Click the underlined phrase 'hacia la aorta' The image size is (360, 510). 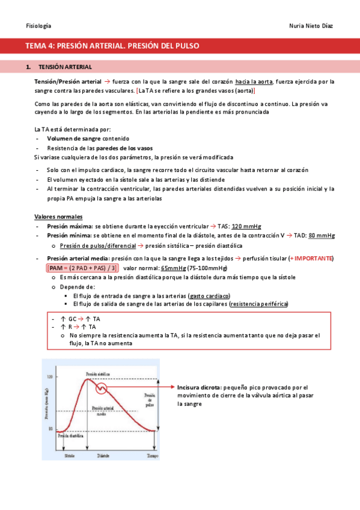pyautogui.click(x=255, y=82)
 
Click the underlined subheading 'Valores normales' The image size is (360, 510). pyautogui.click(x=58, y=217)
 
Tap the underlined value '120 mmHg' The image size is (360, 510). pyautogui.click(x=246, y=226)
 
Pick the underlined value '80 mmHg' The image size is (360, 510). pyautogui.click(x=320, y=236)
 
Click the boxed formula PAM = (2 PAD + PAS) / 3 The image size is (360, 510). pyautogui.click(x=82, y=268)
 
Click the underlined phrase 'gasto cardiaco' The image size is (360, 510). pyautogui.click(x=209, y=296)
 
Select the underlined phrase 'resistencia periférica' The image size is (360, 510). pyautogui.click(x=258, y=304)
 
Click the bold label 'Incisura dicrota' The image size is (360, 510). pyautogui.click(x=197, y=388)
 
